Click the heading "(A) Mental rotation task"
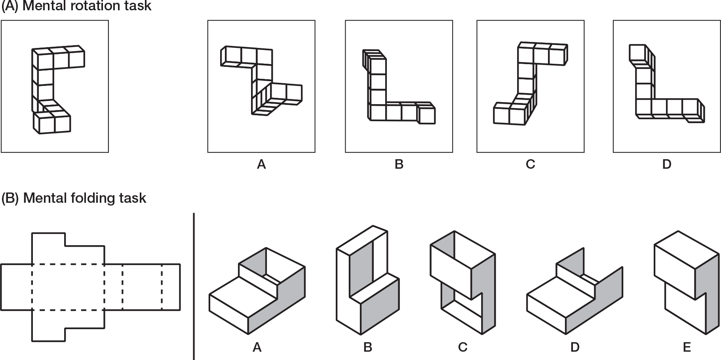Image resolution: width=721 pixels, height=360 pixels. [x=77, y=6]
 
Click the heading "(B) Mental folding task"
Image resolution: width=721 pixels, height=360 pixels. [x=74, y=198]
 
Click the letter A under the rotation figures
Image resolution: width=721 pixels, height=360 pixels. [x=261, y=164]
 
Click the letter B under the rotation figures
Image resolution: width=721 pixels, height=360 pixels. [x=399, y=164]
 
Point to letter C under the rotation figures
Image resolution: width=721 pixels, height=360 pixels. [x=531, y=164]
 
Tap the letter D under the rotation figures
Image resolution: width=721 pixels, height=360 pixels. [x=667, y=164]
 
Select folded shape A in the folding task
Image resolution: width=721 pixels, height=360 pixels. [x=257, y=293]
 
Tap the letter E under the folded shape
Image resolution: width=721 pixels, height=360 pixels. [x=687, y=347]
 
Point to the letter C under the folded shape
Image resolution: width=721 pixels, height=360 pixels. [x=462, y=347]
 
